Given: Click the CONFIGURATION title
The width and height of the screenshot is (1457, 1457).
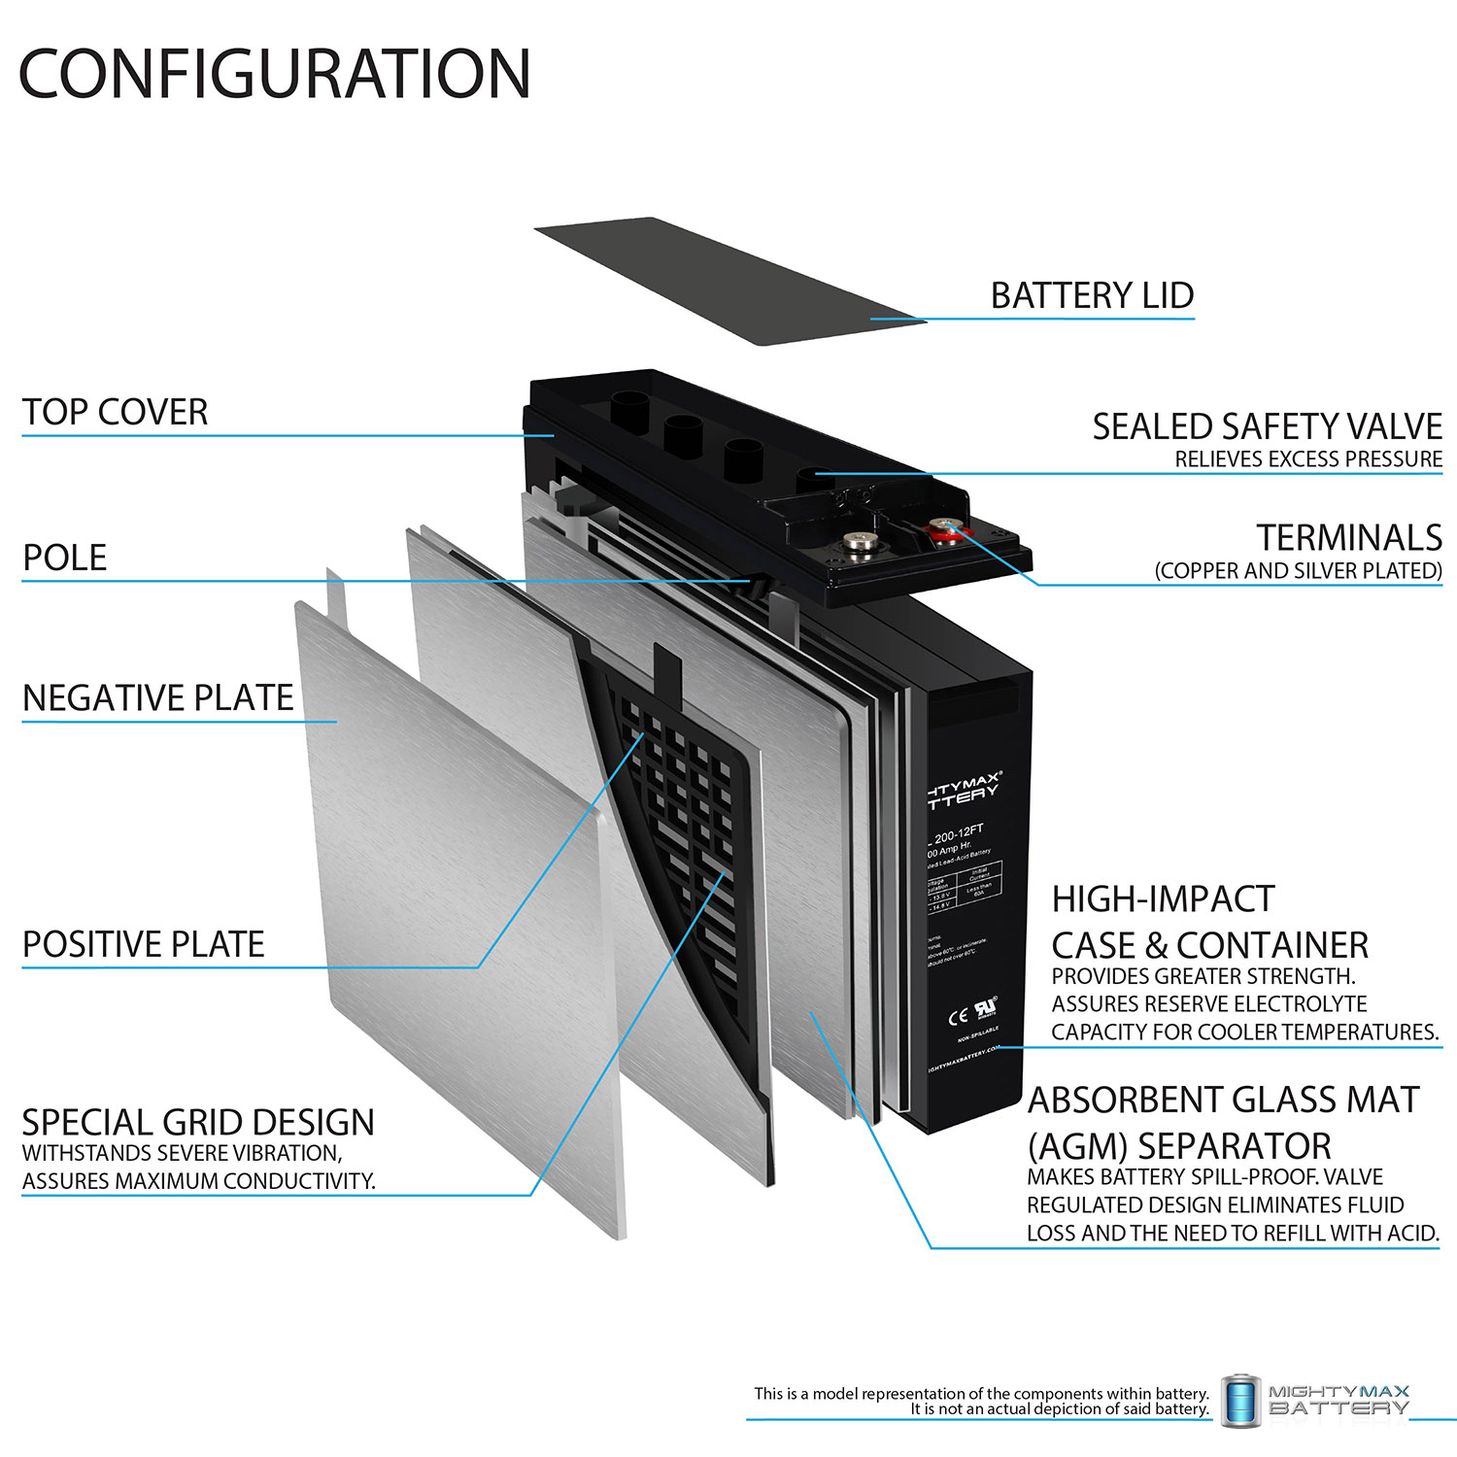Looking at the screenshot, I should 275,74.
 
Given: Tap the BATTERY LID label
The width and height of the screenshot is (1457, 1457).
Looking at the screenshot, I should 1092,295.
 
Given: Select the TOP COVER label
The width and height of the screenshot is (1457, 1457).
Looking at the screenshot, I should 115,412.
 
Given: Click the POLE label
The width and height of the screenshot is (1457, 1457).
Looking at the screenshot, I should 64,558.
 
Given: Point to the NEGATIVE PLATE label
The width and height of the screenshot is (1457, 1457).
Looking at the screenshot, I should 157,697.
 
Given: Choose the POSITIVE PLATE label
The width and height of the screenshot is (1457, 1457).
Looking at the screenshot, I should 143,944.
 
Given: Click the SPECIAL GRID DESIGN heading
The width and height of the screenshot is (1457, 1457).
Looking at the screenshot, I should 197,1123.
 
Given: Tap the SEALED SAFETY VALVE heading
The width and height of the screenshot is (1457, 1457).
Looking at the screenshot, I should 1267,426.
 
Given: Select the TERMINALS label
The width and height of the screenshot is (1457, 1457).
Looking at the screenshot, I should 1349,537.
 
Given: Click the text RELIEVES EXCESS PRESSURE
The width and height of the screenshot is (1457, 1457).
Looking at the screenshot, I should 1308,459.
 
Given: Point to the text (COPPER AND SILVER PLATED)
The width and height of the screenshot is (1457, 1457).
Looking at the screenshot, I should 1298,571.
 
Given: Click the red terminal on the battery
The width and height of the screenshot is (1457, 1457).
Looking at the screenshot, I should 943,529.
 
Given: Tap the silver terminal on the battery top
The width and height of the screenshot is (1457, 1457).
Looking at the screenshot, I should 859,540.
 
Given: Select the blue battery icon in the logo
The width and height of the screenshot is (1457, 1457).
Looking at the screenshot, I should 1239,1401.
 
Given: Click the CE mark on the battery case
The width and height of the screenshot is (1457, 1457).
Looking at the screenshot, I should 958,1017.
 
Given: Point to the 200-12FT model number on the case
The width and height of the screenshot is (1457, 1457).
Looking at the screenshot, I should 958,832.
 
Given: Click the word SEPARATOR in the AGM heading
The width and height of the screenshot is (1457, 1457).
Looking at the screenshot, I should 1234,1146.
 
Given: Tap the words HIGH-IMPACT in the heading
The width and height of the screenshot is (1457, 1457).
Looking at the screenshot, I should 1163,899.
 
